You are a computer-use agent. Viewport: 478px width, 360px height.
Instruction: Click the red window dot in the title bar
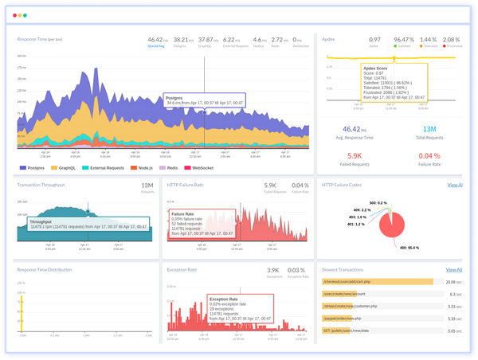pyautogui.click(x=14, y=15)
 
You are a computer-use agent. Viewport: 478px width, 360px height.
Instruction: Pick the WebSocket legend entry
pyautogui.click(x=199, y=168)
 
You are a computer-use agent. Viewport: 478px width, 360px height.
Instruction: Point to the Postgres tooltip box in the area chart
pyautogui.click(x=203, y=100)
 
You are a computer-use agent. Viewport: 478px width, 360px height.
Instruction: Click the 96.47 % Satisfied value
pyautogui.click(x=405, y=38)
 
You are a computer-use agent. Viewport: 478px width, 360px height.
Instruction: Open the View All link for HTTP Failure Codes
pyautogui.click(x=454, y=185)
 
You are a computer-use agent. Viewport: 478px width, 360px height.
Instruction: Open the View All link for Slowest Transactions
pyautogui.click(x=453, y=270)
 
